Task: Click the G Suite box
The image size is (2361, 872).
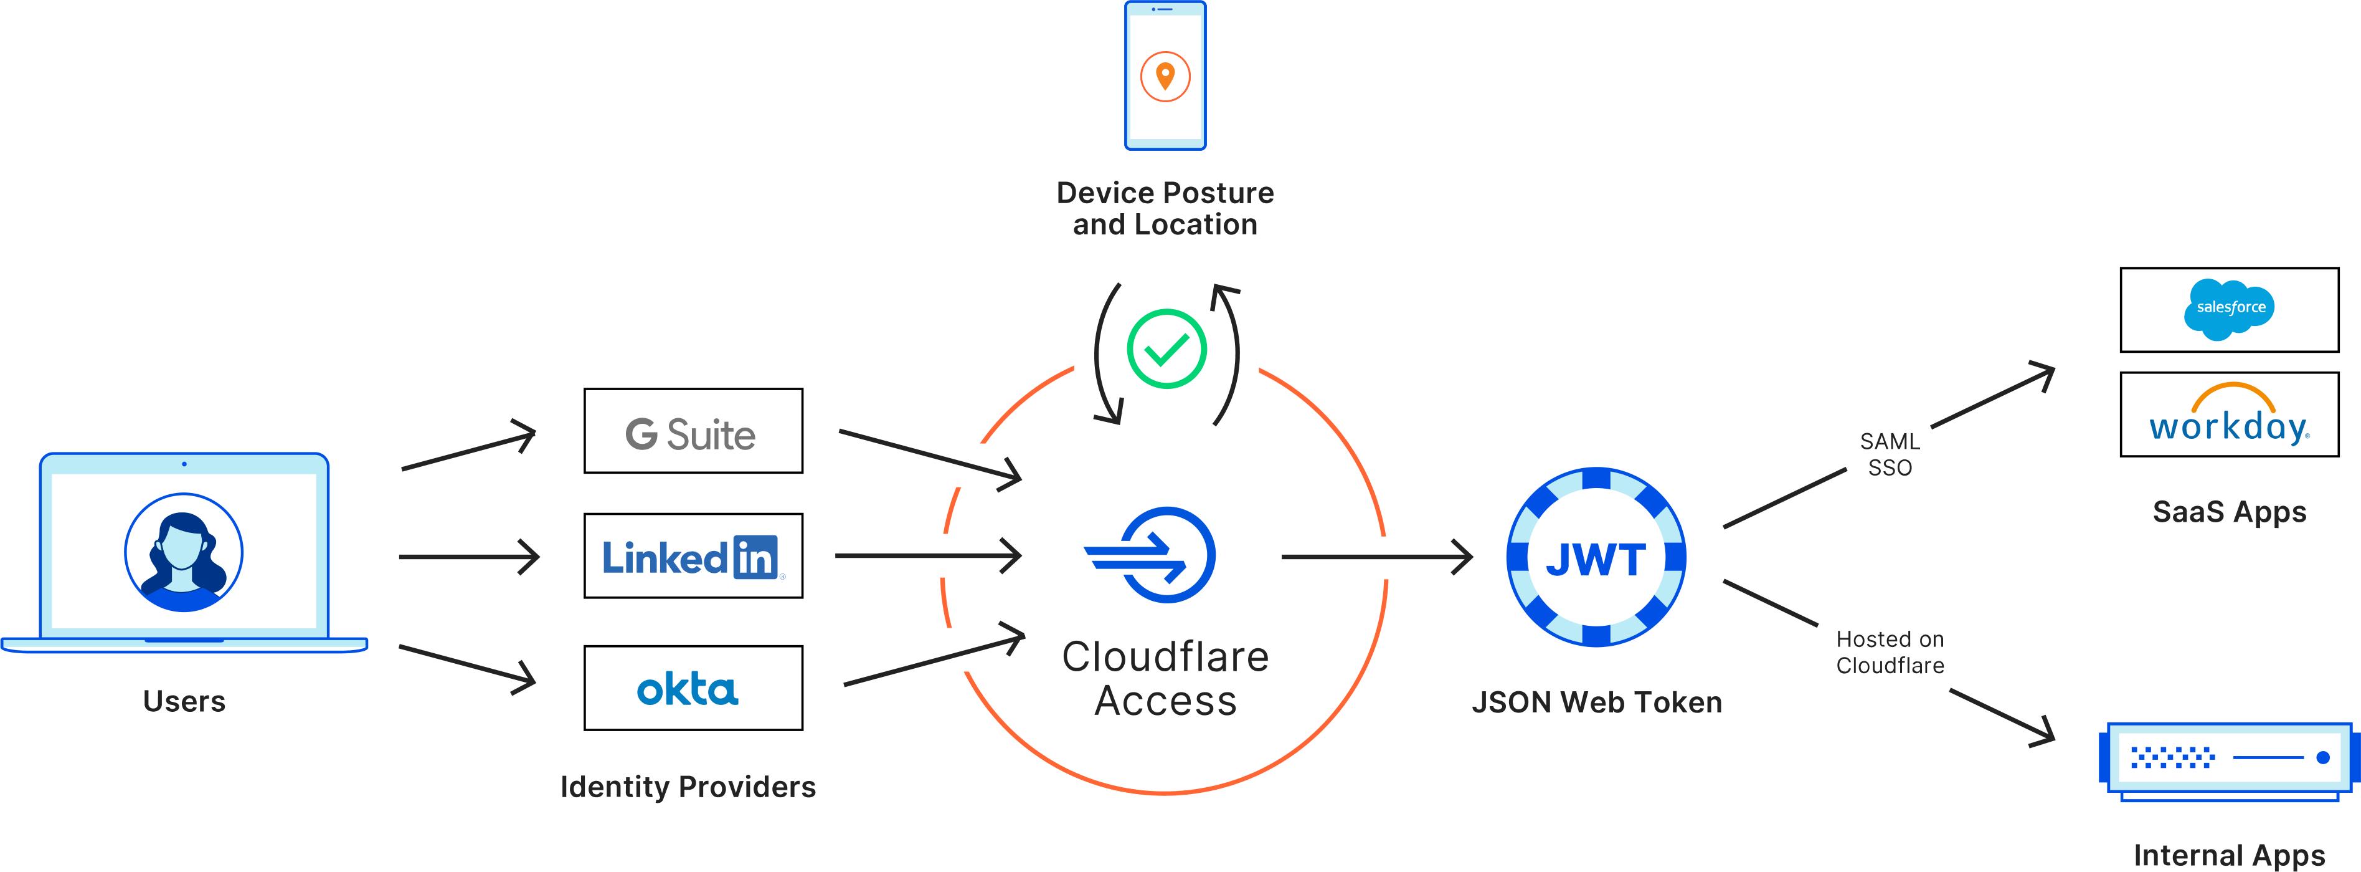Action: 693,431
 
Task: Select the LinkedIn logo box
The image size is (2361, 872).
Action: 693,555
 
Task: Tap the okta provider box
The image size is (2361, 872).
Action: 693,688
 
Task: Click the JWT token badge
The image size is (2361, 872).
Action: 1596,557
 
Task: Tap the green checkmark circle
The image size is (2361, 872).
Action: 1166,348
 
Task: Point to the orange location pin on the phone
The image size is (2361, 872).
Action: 1165,75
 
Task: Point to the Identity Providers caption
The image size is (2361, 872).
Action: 688,787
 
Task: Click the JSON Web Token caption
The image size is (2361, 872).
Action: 1596,702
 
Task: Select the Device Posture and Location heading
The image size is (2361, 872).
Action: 1165,208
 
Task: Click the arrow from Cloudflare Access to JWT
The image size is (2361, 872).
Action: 1374,557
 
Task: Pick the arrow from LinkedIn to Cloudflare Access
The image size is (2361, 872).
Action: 925,555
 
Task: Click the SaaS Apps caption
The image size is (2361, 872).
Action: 2229,512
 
